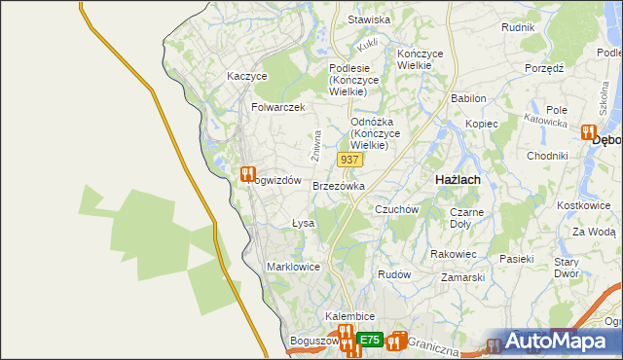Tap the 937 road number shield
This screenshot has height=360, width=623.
coord(350,159)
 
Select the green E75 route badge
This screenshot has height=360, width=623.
coord(368,340)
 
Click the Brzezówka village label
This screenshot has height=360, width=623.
coord(339,186)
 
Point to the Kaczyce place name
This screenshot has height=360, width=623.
coord(246,76)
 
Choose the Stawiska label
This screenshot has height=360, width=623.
coord(369,19)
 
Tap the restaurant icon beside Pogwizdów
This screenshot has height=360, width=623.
coord(247,174)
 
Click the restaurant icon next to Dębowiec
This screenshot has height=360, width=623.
coord(588,133)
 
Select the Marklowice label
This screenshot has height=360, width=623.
coord(293,267)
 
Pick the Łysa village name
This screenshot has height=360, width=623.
coord(304,224)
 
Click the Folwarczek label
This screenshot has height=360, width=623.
coord(278,107)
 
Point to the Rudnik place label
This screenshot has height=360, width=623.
coord(518,27)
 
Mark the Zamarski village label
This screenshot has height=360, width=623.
coord(462,277)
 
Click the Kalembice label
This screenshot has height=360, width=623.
coord(350,317)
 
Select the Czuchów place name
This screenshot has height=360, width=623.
coord(396,209)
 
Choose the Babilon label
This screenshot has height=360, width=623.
coord(468,99)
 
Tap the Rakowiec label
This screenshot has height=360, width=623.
coord(453,254)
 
